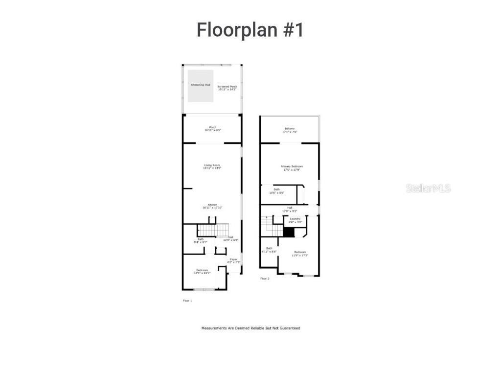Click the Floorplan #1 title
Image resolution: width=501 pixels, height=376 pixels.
[x=250, y=30]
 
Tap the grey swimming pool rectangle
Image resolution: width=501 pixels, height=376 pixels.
[x=201, y=86]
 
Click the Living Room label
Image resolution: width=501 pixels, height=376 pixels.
[x=212, y=166]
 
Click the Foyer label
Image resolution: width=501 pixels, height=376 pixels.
[x=234, y=260]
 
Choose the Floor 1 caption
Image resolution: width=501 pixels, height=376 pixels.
[x=187, y=301]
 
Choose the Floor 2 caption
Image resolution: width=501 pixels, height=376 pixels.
[x=264, y=279]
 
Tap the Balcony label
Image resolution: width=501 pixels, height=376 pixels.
[x=290, y=130]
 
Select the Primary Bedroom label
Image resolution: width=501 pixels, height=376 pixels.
[x=292, y=168]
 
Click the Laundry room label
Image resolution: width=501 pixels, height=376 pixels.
[x=295, y=220]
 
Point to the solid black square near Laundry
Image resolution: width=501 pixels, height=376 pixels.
[x=290, y=232]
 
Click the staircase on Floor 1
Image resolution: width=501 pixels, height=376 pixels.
[x=213, y=230]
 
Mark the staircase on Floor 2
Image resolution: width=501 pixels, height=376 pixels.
[x=272, y=227]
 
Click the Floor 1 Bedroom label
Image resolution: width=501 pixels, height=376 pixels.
[x=202, y=271]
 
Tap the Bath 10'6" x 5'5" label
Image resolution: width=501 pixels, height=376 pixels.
[x=277, y=191]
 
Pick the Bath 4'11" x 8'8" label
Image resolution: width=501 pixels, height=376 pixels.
[x=269, y=250]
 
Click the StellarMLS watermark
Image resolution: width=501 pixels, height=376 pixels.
[x=428, y=188]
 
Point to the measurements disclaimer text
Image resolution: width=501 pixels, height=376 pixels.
[x=250, y=328]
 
